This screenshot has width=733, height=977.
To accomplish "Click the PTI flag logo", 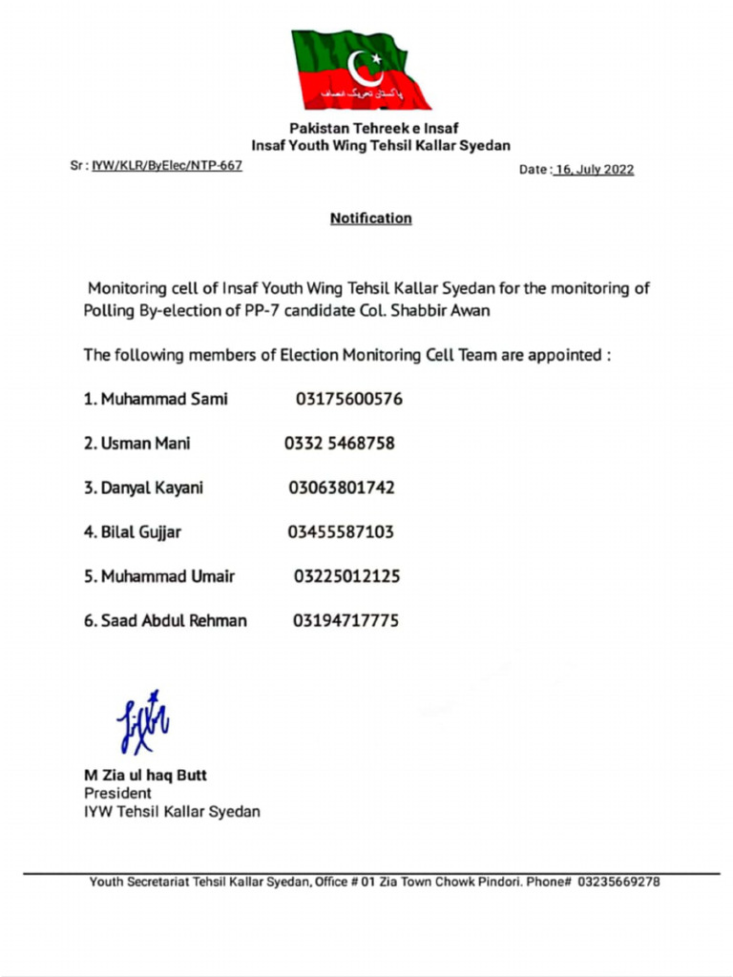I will (x=360, y=70).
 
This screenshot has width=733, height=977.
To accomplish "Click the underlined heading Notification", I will (x=370, y=218).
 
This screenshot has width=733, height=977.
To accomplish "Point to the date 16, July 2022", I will (x=594, y=170).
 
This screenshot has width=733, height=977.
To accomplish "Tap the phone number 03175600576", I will (x=348, y=399).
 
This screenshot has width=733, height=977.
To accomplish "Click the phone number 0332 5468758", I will (x=339, y=444).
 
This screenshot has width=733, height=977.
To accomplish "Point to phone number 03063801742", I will (x=341, y=488).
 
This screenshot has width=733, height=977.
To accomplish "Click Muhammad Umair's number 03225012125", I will (x=346, y=576).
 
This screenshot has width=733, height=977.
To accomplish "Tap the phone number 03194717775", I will (x=346, y=621).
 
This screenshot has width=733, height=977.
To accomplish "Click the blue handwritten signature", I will (x=142, y=721).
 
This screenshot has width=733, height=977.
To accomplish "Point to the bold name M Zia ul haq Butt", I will (x=145, y=776).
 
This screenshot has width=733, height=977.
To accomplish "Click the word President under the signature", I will (x=117, y=793).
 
